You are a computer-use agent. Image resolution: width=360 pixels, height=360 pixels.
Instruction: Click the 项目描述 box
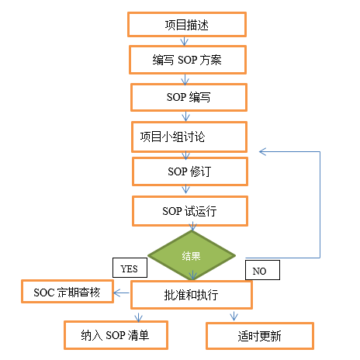click(x=186, y=25)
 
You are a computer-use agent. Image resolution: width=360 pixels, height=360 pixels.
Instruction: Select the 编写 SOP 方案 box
click(x=187, y=59)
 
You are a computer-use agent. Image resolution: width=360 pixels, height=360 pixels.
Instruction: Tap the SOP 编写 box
click(x=189, y=98)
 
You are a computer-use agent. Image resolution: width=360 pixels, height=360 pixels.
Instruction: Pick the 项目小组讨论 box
click(x=189, y=137)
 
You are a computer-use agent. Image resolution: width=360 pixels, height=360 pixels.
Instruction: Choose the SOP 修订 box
click(x=189, y=171)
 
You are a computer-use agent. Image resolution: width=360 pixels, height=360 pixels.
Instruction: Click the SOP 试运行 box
click(x=189, y=209)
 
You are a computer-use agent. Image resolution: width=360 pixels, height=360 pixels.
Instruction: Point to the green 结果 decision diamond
click(x=192, y=255)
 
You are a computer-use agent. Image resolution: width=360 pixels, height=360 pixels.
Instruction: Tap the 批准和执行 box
click(x=192, y=295)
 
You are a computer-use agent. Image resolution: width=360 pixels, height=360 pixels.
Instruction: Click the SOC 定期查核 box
click(x=67, y=293)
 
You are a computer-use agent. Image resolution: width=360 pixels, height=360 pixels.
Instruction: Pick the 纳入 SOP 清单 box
click(x=115, y=335)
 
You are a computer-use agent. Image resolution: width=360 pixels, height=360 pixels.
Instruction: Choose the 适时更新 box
click(x=259, y=335)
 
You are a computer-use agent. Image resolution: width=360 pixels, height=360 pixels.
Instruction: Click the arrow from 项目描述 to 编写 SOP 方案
click(x=185, y=42)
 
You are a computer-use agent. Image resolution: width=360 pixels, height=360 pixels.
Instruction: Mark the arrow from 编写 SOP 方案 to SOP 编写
click(x=185, y=78)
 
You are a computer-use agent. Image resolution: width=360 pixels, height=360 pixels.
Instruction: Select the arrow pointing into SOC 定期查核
click(x=121, y=293)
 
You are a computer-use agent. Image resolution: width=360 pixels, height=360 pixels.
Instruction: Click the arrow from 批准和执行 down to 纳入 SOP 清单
click(x=138, y=315)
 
